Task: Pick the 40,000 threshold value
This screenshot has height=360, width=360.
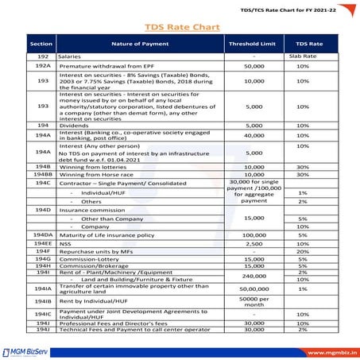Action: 254,136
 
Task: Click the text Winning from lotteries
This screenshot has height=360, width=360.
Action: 95,166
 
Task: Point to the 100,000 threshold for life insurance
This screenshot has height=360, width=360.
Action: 254,235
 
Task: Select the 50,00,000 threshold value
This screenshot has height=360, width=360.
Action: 254,289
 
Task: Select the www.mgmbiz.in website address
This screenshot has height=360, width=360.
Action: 322,348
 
